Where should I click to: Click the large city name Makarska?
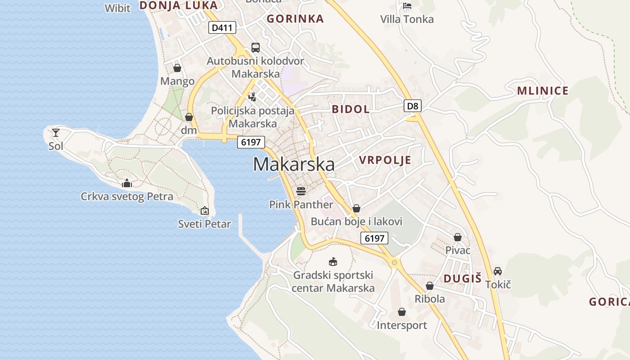coord(293,164)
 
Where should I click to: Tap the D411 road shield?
coord(222,27)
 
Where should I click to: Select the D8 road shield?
coord(413,106)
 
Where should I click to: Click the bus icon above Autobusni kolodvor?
coord(256,47)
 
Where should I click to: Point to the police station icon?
coord(252,96)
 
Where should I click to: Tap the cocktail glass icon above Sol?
coord(56,132)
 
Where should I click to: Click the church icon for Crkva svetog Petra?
coord(127,183)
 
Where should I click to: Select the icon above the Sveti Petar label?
coord(204,210)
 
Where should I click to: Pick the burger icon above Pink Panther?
coord(301,191)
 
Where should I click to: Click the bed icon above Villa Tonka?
coord(407,6)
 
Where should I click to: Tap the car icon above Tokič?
coord(498,271)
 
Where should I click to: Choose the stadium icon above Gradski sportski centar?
coord(333,261)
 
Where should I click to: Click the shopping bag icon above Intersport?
coord(402,311)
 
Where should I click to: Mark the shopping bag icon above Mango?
coord(177,68)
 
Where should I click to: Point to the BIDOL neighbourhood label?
coord(351,109)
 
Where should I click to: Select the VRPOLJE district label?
coord(385,160)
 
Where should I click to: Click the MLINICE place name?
coord(543,91)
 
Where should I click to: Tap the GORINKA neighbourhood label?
coord(295,18)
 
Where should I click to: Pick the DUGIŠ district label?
coord(463,279)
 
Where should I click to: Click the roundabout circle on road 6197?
coord(394,262)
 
